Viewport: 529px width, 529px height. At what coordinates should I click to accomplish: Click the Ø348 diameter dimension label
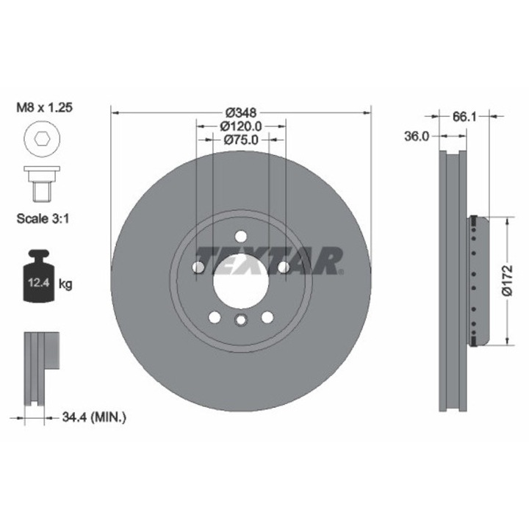click(x=241, y=112)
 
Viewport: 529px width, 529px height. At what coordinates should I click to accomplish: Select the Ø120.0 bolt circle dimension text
click(x=241, y=126)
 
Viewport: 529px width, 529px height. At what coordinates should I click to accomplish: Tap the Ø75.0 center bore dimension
click(x=241, y=140)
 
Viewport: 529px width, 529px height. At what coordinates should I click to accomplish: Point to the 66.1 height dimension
click(x=464, y=117)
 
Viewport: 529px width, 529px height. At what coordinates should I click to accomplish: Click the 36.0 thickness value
click(x=417, y=137)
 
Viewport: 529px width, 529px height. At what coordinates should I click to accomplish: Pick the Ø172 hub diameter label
click(x=508, y=281)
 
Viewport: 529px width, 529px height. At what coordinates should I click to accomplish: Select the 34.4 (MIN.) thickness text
click(x=94, y=417)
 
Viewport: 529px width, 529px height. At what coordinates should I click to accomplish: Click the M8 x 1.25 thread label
click(x=45, y=107)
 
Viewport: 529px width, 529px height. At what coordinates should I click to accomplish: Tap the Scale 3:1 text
click(x=43, y=219)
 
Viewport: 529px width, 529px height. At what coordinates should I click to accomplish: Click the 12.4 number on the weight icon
click(x=39, y=282)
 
